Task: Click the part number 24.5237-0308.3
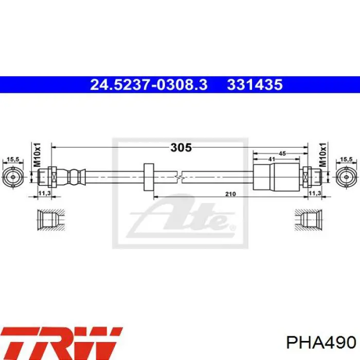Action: coord(149,84)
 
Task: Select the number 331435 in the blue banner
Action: coord(255,84)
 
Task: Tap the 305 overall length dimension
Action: coord(181,148)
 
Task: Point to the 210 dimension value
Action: coord(230,194)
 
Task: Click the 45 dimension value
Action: coord(282,153)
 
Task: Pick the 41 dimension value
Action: coord(272,159)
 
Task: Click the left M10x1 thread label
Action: coord(37,155)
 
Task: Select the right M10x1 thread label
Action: coord(322,155)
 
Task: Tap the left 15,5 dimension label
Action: coord(13,159)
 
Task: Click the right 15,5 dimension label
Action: coord(346,159)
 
